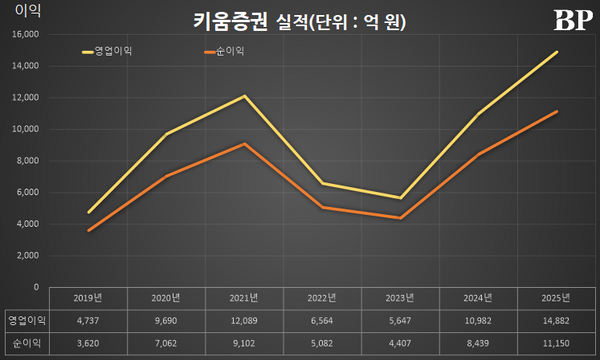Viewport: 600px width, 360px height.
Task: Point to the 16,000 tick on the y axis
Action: [24, 34]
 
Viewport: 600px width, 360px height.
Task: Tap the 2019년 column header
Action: [90, 298]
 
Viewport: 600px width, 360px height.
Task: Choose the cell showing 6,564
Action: [321, 320]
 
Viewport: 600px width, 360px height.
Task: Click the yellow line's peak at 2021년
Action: [244, 96]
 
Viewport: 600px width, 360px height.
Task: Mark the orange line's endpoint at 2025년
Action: [557, 111]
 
